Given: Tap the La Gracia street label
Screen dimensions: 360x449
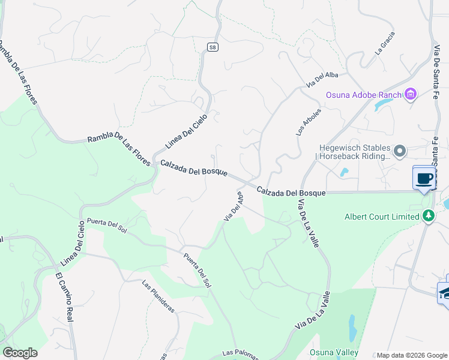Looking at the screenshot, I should click(385, 47).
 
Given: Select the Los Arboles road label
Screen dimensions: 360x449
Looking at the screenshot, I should click(309, 122).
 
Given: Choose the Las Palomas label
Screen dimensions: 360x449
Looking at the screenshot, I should click(240, 354).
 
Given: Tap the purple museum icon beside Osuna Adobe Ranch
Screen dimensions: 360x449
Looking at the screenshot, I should click(411, 94).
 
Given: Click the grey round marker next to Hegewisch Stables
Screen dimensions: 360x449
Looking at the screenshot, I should click(400, 150).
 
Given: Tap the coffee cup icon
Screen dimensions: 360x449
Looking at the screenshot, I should click(424, 178).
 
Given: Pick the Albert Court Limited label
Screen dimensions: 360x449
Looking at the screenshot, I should click(382, 217).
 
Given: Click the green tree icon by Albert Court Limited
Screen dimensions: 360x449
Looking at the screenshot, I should click(428, 216).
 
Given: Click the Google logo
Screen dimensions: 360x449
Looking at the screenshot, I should click(20, 353).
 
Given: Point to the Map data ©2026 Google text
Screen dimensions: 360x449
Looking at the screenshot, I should click(412, 355).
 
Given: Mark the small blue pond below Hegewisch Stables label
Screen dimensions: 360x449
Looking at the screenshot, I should click(344, 173).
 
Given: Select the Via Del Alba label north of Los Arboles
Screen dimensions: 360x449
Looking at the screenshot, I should click(322, 79).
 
